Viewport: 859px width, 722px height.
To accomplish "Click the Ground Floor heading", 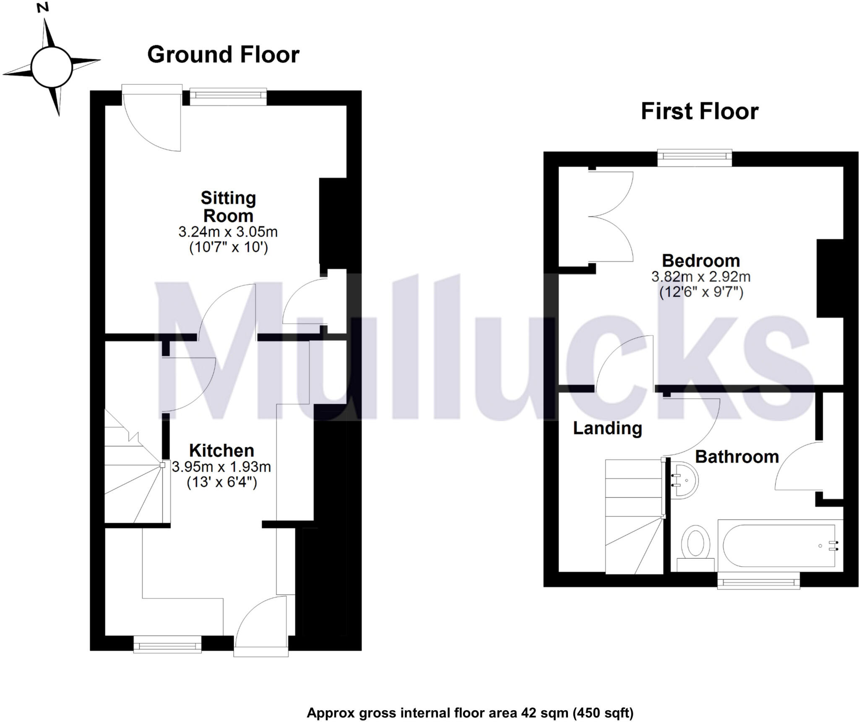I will tap(223, 55).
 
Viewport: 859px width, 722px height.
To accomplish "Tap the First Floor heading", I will tap(699, 112).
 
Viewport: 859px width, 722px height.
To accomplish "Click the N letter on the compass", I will tap(42, 7).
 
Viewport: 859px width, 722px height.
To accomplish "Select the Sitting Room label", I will tap(228, 207).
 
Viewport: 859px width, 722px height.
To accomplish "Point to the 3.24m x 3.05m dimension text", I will tap(228, 232).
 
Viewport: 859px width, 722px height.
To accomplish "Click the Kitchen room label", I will tap(221, 450).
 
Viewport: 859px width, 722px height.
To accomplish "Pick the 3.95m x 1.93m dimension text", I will tap(221, 467).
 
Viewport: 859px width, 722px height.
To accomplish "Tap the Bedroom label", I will tap(700, 261).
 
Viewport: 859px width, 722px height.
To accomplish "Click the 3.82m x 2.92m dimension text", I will tap(700, 277).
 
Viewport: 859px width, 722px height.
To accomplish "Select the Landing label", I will tap(607, 428).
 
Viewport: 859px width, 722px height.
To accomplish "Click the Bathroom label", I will tap(737, 457).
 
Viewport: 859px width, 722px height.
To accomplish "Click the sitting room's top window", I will tap(228, 96).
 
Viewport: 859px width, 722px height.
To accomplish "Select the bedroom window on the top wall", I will tap(695, 157).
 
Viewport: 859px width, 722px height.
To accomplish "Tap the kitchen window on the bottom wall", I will tap(167, 644).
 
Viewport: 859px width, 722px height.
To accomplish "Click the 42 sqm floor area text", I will tap(470, 701).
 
